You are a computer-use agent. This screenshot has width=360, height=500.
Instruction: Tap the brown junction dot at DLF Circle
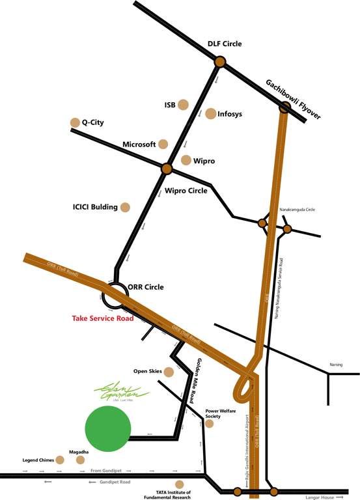point(220,62)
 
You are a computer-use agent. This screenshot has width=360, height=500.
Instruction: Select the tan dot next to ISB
point(184,104)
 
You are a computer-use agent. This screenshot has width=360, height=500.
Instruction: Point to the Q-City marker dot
point(74,122)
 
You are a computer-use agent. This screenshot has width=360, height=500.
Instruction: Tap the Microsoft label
point(139,144)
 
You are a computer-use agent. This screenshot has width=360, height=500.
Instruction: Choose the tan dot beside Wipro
point(186,160)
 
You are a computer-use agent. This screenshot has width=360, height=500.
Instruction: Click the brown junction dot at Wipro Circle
point(167,169)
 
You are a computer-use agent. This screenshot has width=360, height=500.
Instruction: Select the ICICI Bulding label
point(95,207)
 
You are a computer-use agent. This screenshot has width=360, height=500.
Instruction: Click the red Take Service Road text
point(102,318)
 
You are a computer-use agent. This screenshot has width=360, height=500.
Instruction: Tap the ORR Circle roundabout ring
point(115,296)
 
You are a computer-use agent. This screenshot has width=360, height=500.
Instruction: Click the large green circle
point(108,428)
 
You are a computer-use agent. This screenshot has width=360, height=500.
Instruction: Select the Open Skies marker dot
point(169,372)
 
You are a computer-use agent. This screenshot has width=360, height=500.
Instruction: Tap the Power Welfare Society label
point(221,414)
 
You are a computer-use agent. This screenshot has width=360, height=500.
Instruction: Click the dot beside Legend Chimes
point(61,460)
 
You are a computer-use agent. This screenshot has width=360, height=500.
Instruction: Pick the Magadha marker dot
point(81,460)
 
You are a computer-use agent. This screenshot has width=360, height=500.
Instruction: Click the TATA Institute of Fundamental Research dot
point(180,484)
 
